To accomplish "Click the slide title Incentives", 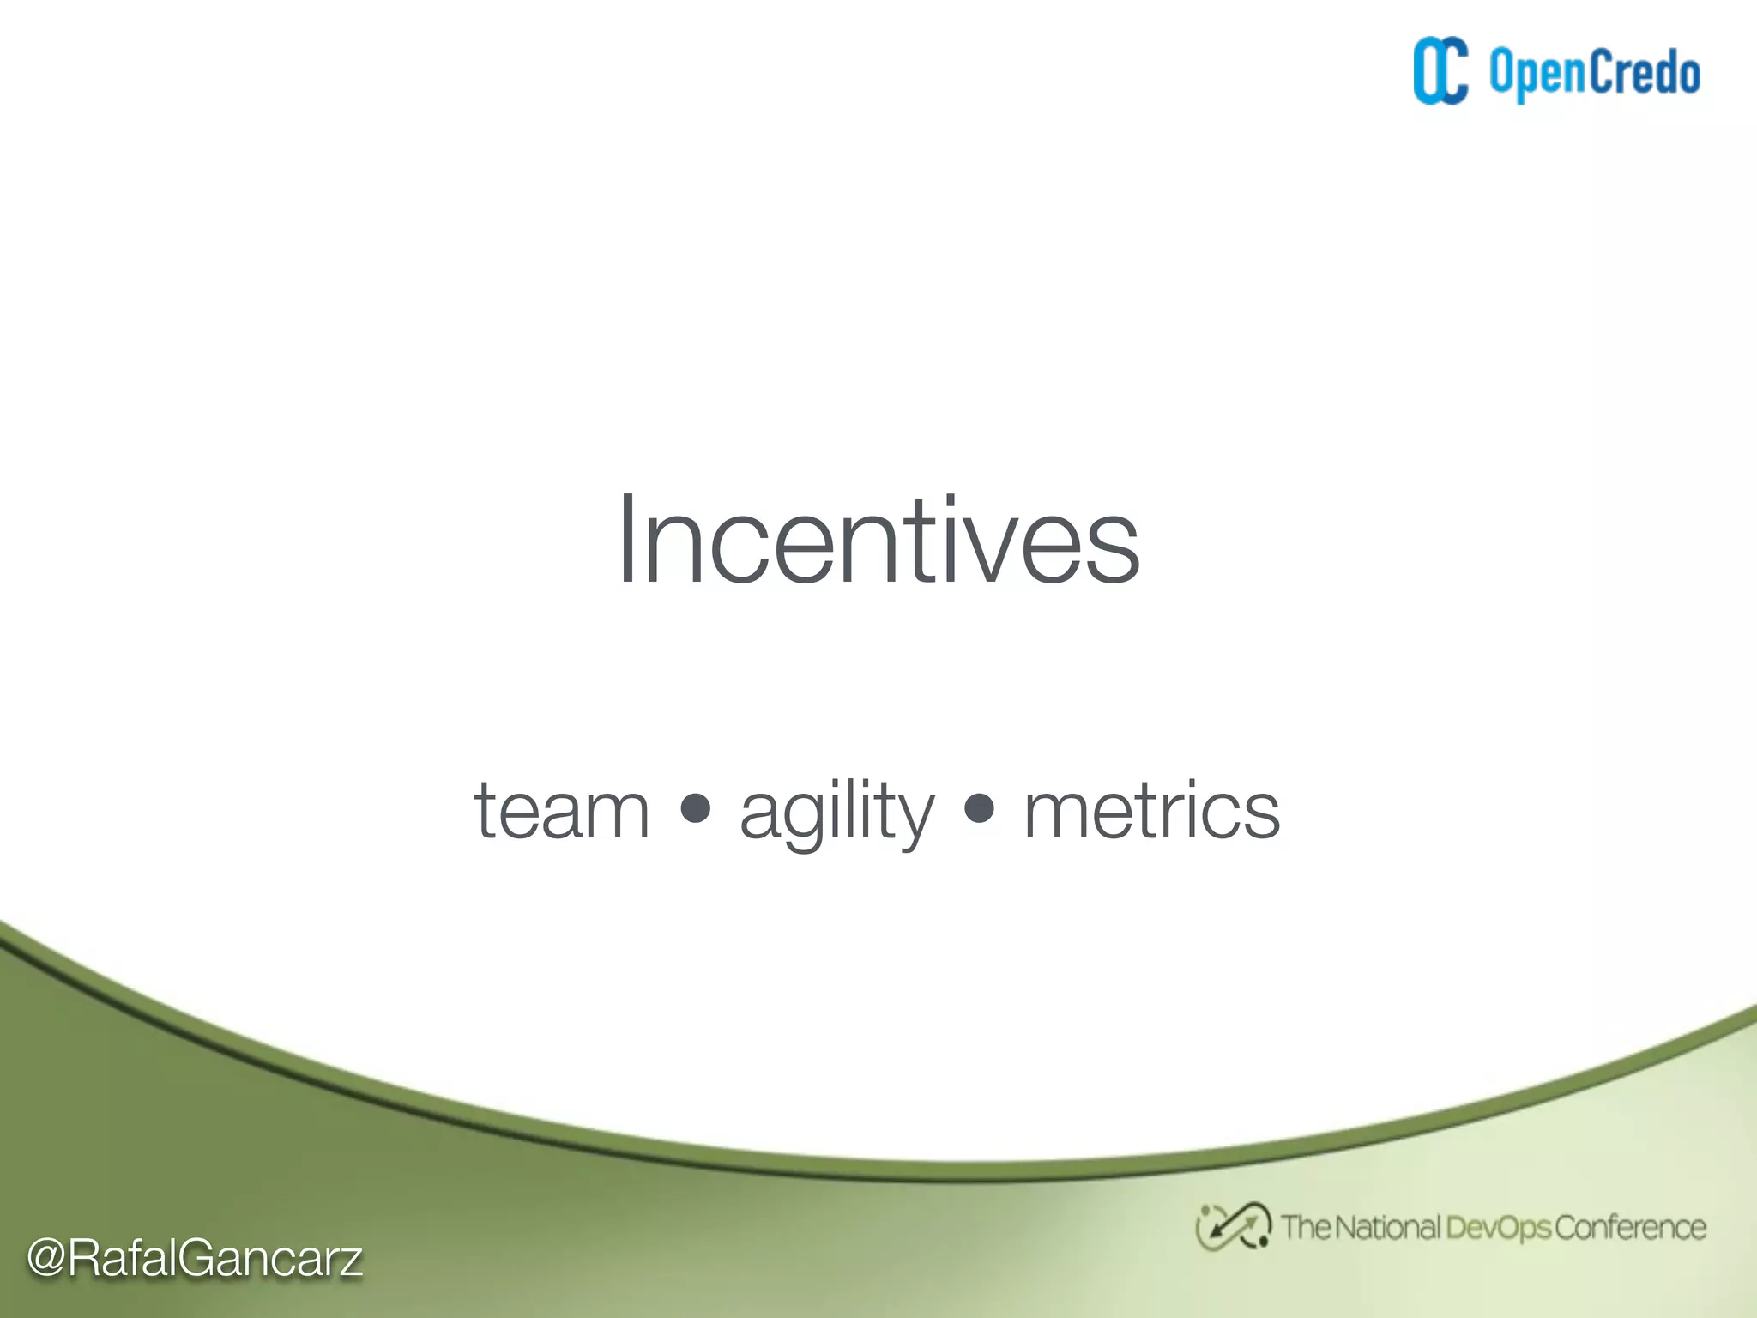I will click(x=878, y=541).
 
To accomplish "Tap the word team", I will click(x=562, y=810).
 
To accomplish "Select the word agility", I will click(x=836, y=810).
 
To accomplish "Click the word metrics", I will click(x=1151, y=810).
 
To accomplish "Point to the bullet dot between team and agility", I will click(x=695, y=807).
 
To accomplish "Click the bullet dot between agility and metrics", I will click(x=979, y=807).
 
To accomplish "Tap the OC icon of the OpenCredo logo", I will click(x=1440, y=71).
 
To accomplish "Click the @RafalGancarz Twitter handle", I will click(x=195, y=1258).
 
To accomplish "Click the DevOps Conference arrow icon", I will click(x=1233, y=1227).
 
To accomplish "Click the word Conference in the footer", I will click(x=1629, y=1228).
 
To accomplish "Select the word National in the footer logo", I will click(x=1386, y=1227).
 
